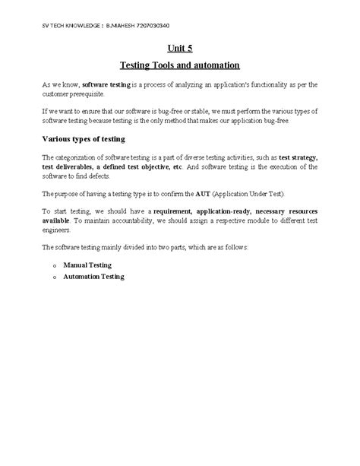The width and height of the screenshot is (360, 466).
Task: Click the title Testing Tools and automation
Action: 180,66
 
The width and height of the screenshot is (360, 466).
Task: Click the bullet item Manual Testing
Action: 87,265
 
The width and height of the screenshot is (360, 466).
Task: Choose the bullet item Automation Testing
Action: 93,277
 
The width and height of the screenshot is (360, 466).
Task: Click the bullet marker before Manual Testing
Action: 55,265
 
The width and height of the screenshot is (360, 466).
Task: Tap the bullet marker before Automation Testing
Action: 55,278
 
